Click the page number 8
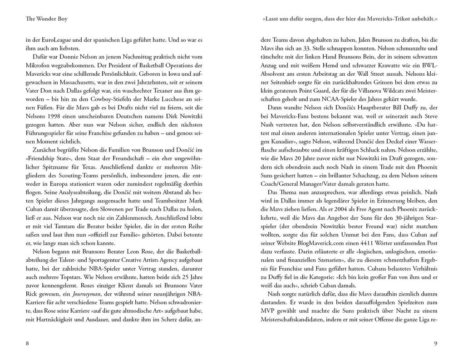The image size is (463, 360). pos(27,343)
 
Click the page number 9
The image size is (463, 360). pos(435,343)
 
